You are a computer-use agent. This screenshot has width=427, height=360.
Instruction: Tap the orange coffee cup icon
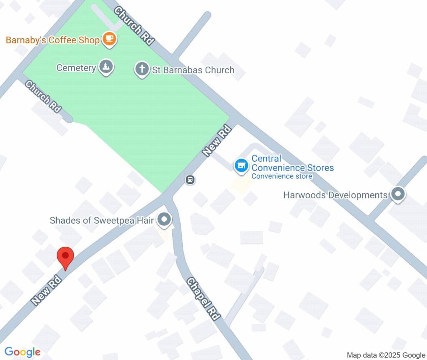[x=110, y=39]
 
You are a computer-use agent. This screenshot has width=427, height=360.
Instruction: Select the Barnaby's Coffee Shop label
[x=53, y=40]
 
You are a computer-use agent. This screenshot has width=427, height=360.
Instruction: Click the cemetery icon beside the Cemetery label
[x=106, y=67]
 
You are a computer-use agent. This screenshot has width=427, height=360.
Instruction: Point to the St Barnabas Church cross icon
[x=142, y=69]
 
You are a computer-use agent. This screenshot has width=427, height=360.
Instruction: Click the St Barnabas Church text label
[x=193, y=70]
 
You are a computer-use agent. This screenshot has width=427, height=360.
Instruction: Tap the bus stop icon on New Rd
[x=190, y=180]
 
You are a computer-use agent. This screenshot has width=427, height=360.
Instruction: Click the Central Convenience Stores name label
[x=292, y=163]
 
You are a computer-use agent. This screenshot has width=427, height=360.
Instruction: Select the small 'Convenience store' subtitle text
[x=281, y=176]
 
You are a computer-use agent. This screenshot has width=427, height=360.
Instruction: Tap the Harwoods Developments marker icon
[x=397, y=194]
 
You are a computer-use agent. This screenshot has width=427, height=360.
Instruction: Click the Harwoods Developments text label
[x=335, y=195]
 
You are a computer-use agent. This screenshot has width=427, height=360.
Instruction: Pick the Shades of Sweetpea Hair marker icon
[x=165, y=220]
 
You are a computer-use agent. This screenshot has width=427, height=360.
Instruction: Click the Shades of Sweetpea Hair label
[x=102, y=220]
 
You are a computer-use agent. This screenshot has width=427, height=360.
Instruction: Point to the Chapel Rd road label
[x=203, y=299]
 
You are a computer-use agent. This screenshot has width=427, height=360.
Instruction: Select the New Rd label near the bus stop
[x=217, y=141]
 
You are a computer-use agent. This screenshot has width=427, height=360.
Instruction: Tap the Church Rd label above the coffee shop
[x=134, y=25]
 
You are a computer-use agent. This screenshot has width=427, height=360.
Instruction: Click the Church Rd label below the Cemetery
[x=43, y=96]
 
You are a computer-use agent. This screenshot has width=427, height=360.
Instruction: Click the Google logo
[x=23, y=352]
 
